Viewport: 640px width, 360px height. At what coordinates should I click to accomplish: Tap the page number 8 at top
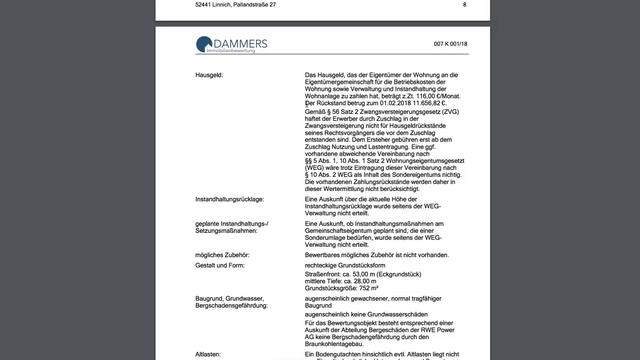coord(464,5)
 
